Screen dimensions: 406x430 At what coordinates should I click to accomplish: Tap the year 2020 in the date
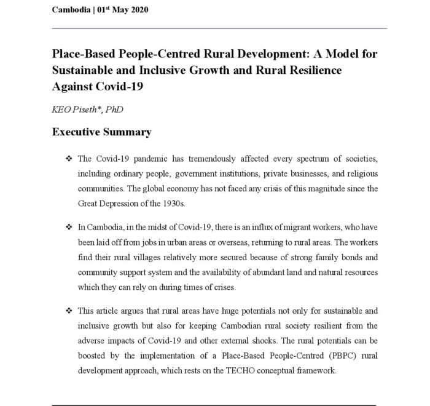click(x=137, y=10)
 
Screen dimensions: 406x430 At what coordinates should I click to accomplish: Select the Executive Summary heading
click(x=101, y=132)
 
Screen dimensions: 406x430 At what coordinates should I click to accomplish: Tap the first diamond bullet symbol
click(x=69, y=159)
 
